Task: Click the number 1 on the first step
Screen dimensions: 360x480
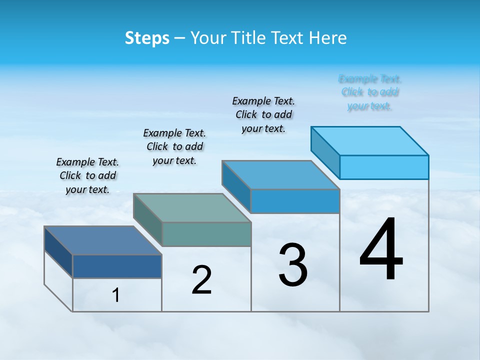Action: pyautogui.click(x=116, y=295)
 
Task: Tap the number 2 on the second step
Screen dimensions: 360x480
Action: pyautogui.click(x=202, y=280)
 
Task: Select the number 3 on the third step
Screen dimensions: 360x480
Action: pyautogui.click(x=293, y=265)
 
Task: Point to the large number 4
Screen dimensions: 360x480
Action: pyautogui.click(x=381, y=250)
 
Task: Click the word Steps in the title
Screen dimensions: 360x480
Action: pyautogui.click(x=147, y=38)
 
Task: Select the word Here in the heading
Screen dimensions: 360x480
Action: pyautogui.click(x=328, y=38)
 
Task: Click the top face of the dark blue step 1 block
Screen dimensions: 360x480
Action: pyautogui.click(x=102, y=240)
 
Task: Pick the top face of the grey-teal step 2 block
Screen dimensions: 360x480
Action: pyautogui.click(x=192, y=208)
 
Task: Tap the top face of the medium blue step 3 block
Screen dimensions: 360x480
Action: pyautogui.click(x=280, y=175)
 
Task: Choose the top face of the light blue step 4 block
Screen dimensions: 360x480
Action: pyautogui.click(x=370, y=141)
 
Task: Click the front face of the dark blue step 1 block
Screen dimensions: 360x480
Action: pyautogui.click(x=117, y=266)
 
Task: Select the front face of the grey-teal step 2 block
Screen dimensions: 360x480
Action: pyautogui.click(x=206, y=234)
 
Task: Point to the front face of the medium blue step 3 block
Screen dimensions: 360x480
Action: pyautogui.click(x=295, y=201)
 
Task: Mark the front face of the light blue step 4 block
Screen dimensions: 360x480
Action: pyautogui.click(x=384, y=167)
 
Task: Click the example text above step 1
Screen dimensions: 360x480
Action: pyautogui.click(x=87, y=175)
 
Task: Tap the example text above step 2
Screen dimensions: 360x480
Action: pyautogui.click(x=174, y=146)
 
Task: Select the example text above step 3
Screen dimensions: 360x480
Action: pyautogui.click(x=263, y=114)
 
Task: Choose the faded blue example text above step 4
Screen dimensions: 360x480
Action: pyautogui.click(x=370, y=92)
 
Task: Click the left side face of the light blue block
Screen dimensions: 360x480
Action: pyautogui.click(x=325, y=145)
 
